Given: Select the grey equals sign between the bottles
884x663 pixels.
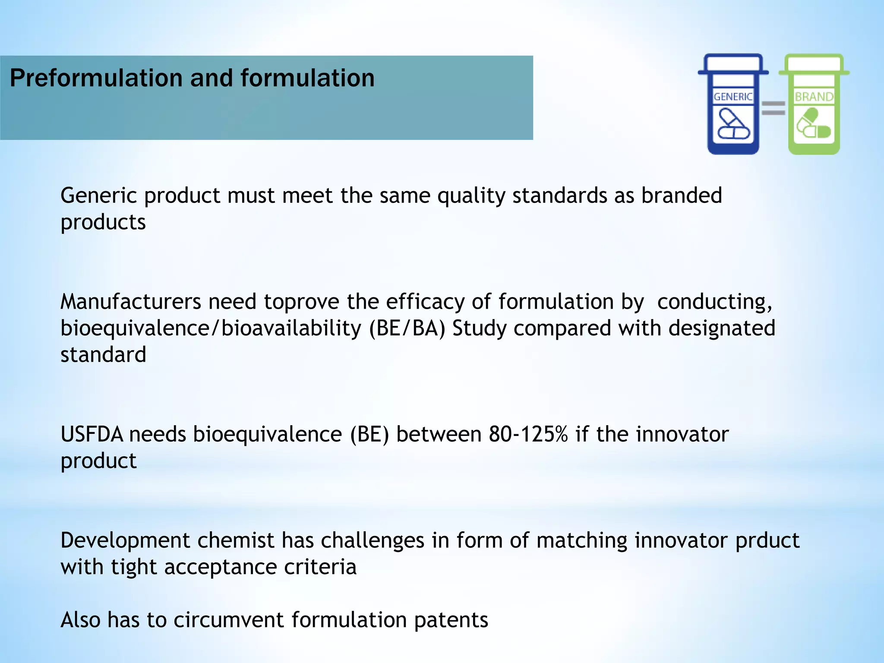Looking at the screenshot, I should (x=773, y=108).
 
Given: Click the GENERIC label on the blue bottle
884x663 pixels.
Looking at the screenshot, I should (x=733, y=97).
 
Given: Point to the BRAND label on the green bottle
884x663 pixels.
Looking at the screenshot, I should (x=814, y=97).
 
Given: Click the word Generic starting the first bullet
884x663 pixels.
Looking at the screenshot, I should (x=98, y=196).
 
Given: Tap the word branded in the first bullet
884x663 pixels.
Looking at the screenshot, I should (x=681, y=196).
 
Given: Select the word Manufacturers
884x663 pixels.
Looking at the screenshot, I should (x=130, y=302).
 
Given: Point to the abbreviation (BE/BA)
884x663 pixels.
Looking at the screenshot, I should (x=407, y=328).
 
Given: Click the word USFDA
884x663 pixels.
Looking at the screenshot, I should (x=92, y=434).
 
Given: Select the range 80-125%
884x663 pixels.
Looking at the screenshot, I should (x=528, y=434).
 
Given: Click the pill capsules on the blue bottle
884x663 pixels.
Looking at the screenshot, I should (x=733, y=124).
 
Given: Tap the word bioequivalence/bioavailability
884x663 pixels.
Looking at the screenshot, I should (x=210, y=328).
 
